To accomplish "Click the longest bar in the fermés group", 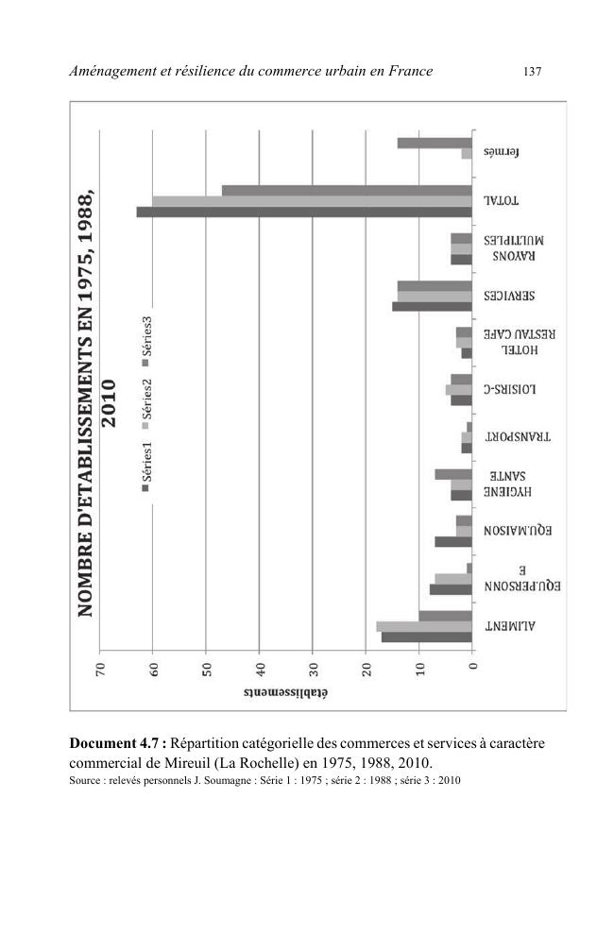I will [x=435, y=143].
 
